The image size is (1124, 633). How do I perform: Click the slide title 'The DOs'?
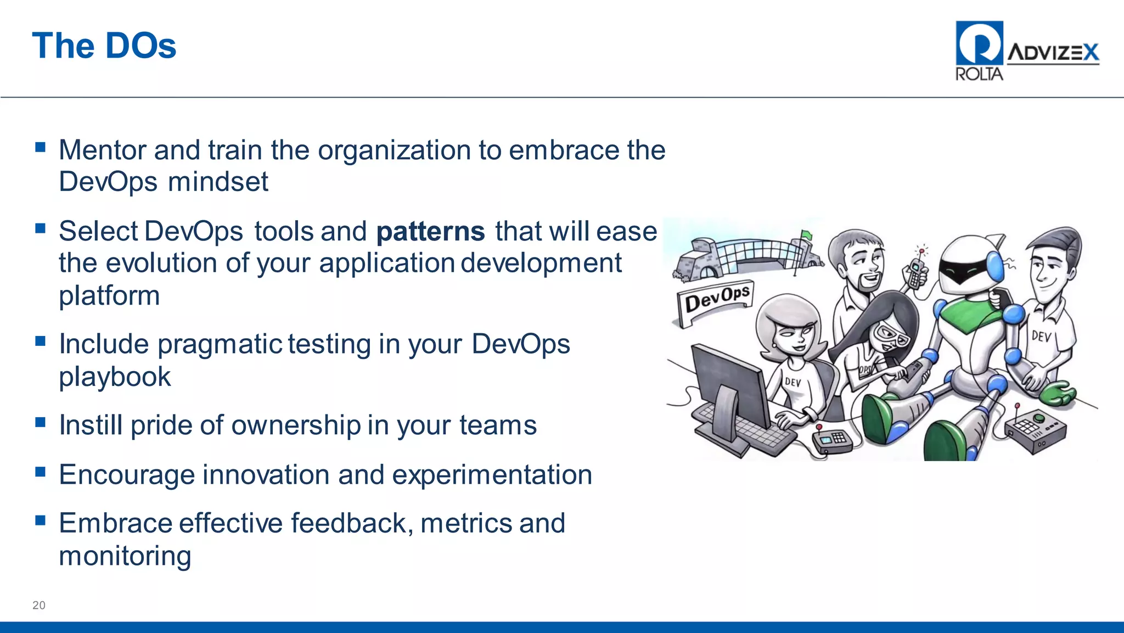click(x=104, y=46)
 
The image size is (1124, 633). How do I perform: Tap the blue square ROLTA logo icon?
click(x=979, y=43)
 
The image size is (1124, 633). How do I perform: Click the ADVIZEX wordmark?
click(x=1053, y=53)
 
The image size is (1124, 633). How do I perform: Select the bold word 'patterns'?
click(x=430, y=231)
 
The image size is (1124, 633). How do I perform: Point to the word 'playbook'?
click(x=115, y=377)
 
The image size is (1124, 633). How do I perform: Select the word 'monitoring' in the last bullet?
click(x=125, y=556)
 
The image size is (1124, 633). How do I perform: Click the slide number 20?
click(x=39, y=605)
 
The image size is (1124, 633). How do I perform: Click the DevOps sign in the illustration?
click(x=717, y=299)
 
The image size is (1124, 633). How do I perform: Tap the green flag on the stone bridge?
click(x=806, y=235)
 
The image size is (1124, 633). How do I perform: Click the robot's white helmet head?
click(x=969, y=264)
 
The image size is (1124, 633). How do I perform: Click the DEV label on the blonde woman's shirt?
click(x=793, y=382)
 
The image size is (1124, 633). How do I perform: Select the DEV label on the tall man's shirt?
click(x=1041, y=335)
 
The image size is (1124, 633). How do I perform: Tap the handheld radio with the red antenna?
click(x=915, y=271)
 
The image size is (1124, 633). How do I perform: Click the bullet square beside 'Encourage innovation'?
click(x=40, y=472)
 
